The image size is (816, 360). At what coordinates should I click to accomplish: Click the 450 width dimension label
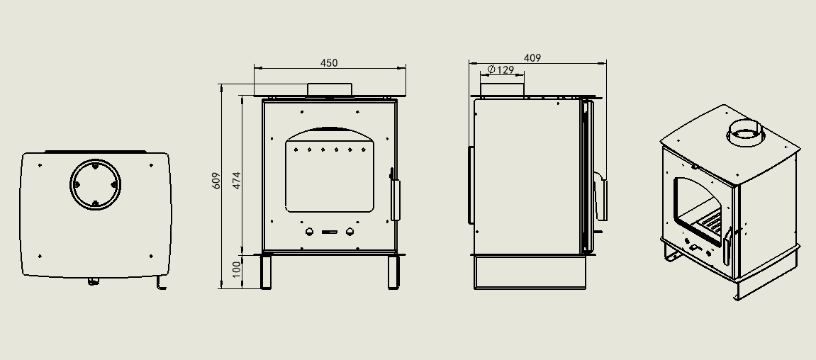point(329,63)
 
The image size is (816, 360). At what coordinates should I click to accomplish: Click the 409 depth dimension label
point(532,58)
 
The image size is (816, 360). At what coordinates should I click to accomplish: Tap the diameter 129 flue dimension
point(501,69)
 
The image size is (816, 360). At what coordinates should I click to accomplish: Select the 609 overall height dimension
point(216,181)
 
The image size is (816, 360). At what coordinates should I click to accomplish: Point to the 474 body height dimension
point(237,180)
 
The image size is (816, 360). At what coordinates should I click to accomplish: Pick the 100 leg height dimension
point(237,269)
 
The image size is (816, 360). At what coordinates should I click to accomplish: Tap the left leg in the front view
point(265,271)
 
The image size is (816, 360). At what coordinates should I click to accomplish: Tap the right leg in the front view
point(393,271)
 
